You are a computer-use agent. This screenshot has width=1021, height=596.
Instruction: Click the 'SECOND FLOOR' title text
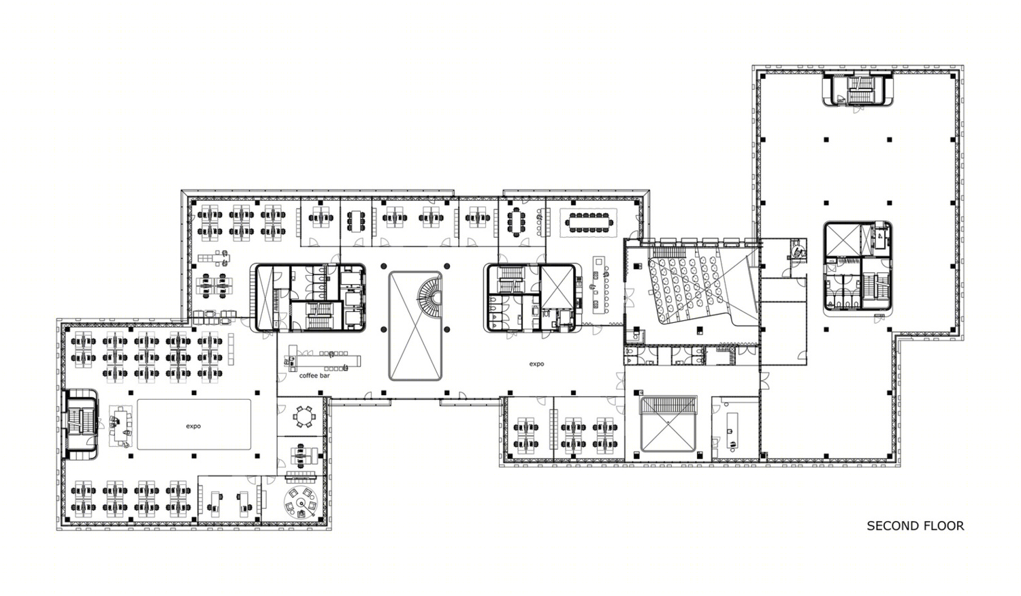pos(915,526)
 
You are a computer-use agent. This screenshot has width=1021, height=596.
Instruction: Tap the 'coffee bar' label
pos(314,376)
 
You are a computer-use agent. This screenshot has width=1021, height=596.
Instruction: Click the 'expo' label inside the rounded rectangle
pos(193,426)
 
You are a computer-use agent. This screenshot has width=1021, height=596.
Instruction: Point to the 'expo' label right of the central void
pos(536,364)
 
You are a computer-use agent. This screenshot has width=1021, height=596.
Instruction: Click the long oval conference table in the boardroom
pos(589,222)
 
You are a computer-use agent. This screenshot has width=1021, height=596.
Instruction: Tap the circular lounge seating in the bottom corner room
pos(300,503)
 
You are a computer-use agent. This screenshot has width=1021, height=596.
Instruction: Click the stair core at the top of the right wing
pos(858,89)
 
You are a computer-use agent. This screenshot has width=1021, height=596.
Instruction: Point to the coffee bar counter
pos(323,358)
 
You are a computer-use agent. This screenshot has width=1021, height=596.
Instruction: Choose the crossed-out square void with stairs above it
pos(668,424)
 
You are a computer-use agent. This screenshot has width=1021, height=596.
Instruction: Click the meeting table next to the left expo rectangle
pos(120,425)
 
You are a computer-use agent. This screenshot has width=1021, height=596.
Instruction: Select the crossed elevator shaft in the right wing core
pos(843,239)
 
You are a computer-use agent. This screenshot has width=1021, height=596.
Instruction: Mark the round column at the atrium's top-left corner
pos(384,266)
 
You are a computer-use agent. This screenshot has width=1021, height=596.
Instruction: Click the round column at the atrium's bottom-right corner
pos(447,329)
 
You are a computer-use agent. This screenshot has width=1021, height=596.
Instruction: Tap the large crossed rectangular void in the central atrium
pos(415,326)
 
